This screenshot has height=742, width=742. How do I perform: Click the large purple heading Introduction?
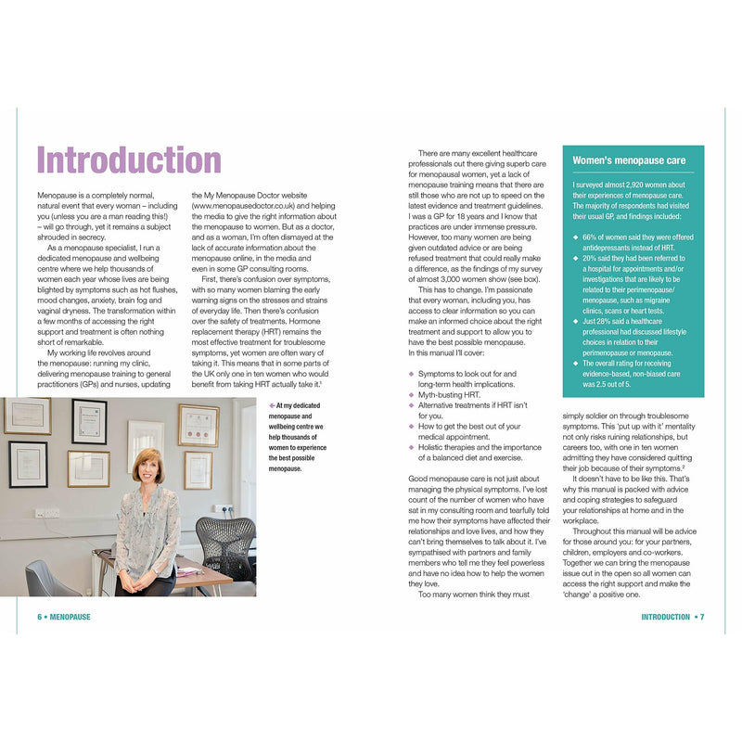pos(128,160)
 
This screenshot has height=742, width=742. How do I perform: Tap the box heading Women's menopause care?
pos(628,160)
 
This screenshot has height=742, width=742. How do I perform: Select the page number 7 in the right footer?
pos(702,617)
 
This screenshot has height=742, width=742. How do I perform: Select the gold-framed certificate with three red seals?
pos(198,425)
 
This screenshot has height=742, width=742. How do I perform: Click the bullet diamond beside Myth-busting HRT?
pos(411,394)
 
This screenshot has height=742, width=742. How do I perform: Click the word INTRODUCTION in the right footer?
pos(665,617)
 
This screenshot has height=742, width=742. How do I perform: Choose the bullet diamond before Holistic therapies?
pos(411,446)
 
